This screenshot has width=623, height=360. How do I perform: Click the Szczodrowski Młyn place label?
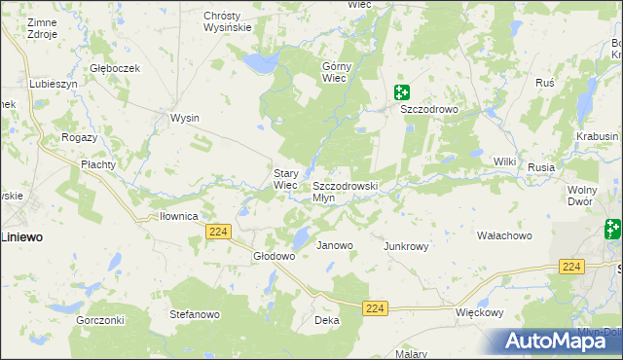coord(344,191)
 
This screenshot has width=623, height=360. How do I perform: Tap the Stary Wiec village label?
coord(284,179)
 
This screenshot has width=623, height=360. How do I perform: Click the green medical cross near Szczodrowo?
coord(401,93)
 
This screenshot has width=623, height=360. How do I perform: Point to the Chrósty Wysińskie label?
coord(228,21)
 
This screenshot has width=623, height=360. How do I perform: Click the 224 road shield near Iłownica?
coord(218,231)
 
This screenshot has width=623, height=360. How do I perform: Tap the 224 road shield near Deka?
coord(376,307)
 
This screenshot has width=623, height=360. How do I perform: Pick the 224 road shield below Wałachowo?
coord(571,267)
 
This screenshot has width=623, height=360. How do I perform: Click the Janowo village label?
coord(335,245)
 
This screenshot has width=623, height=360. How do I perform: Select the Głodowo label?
coord(274,256)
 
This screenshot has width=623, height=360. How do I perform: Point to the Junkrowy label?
coord(406,246)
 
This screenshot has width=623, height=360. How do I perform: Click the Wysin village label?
coord(184,118)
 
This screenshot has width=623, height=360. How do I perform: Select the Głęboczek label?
coord(115,68)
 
